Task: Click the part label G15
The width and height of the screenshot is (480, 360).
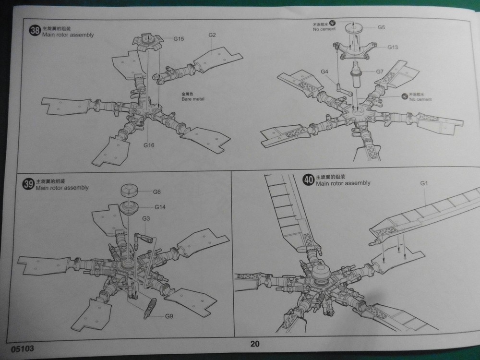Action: [x=179, y=38]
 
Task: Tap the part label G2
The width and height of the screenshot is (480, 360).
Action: [x=213, y=35]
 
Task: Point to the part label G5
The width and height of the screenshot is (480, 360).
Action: [x=381, y=27]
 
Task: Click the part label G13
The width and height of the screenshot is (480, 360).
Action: [x=393, y=47]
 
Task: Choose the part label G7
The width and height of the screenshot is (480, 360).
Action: [x=380, y=72]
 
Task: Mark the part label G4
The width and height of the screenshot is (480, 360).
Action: [x=324, y=72]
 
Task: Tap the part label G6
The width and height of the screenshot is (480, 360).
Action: [x=157, y=192]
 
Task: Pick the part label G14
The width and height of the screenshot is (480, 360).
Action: [x=160, y=207]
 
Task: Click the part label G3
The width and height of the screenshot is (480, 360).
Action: [x=146, y=219]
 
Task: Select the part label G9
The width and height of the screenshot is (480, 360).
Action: [x=169, y=316]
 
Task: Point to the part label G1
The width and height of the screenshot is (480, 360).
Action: [x=424, y=183]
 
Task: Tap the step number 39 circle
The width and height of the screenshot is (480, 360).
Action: [x=28, y=184]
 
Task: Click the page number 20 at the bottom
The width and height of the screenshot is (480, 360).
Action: [x=254, y=343]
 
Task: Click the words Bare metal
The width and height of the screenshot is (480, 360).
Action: [x=192, y=99]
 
